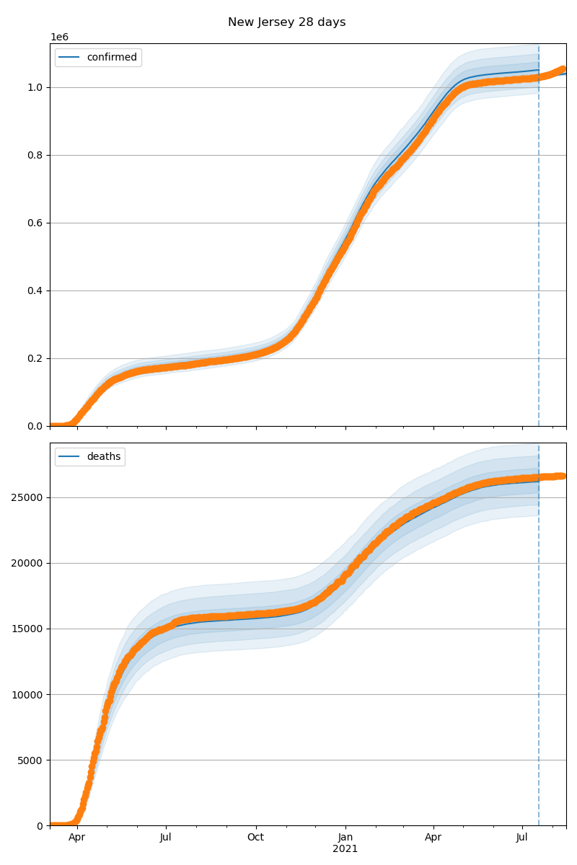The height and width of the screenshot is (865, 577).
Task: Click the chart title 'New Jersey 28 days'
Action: (286, 22)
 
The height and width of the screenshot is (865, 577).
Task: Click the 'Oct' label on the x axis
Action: (255, 838)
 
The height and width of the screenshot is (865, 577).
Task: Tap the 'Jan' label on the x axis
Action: (345, 838)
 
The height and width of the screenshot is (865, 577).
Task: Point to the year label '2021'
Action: (345, 849)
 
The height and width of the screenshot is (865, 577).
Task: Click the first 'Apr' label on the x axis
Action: (76, 838)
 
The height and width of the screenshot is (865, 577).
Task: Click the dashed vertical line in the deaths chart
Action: (539, 649)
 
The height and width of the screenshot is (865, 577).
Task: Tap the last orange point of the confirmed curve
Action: (563, 69)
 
